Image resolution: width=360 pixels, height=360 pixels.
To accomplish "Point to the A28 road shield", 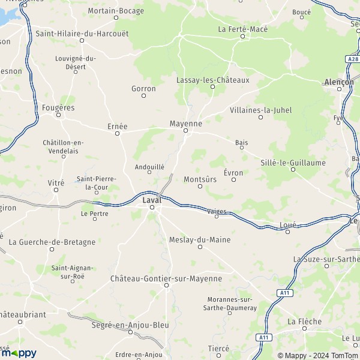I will coord(352,59).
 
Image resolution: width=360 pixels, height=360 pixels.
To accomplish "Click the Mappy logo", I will coord(19,353).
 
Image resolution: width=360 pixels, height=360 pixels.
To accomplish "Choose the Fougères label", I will coord(59,107).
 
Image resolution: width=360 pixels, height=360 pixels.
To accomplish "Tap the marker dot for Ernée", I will coord(118,134).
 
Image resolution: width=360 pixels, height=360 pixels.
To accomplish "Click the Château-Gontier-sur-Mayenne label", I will coord(166,278).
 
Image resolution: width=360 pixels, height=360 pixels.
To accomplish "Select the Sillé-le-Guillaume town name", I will coord(293,163).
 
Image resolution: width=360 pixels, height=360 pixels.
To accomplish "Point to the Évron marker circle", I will coord(234,180).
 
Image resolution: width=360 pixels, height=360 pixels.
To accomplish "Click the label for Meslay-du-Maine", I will coord(200,239).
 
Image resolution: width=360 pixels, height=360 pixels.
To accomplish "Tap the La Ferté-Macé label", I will coord(243,29).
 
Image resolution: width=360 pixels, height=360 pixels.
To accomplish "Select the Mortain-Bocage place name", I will coord(116,11).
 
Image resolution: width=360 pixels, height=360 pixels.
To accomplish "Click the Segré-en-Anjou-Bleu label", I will coord(130,325).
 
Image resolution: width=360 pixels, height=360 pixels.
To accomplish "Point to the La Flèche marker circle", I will coord(305,329).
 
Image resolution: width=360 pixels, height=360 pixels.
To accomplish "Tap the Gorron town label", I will coord(143,88).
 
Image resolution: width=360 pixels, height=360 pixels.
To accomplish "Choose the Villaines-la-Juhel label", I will coord(260,110).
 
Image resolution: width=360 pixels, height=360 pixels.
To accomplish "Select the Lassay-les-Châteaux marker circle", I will coord(212,87).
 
